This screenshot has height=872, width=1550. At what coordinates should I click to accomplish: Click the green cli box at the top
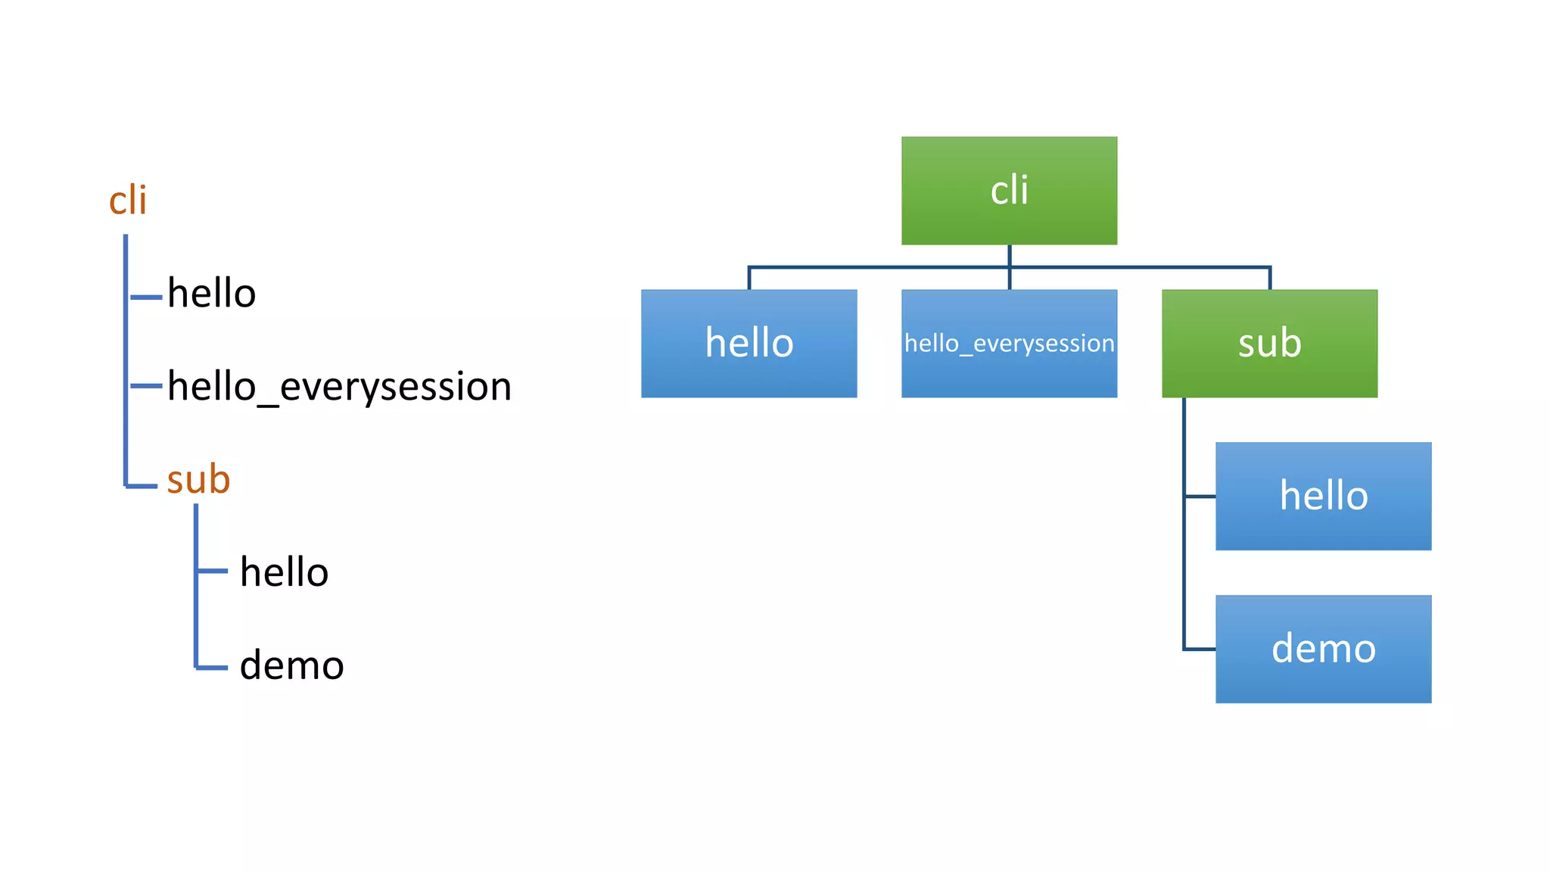1009,190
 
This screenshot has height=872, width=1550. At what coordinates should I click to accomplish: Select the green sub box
1269,343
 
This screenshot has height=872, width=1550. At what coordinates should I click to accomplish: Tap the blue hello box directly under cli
749,343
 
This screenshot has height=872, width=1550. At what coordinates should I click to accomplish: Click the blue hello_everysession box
1009,343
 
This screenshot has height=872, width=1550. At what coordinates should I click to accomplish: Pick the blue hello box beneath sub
1323,496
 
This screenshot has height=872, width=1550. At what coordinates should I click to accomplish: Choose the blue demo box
1323,649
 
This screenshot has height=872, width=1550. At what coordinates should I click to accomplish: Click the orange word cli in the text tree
127,201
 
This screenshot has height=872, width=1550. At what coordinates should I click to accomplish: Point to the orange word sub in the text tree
198,479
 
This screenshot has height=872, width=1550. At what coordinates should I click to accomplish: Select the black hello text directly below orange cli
212,293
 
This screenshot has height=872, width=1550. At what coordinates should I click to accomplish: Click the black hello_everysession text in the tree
339,386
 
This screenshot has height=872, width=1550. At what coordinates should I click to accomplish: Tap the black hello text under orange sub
284,571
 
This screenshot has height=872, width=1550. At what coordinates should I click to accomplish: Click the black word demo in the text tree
291,665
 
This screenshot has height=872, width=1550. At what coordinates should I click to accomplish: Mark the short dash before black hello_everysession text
146,386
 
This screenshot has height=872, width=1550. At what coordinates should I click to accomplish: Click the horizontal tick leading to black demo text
213,668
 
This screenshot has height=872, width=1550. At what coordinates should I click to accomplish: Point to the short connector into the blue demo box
1200,649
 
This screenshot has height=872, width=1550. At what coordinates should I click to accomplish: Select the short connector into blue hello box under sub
1200,497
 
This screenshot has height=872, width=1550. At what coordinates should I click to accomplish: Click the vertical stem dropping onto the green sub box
1269,279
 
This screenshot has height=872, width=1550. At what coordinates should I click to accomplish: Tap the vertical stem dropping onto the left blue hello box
749,279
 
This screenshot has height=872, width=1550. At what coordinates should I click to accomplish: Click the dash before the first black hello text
146,297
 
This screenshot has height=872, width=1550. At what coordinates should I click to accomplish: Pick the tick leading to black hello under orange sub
213,571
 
